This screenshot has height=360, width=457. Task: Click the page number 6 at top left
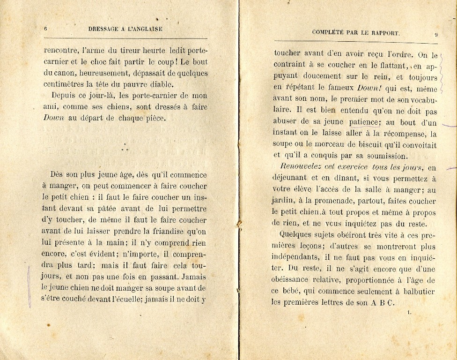[45, 29]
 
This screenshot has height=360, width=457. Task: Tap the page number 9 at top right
[436, 34]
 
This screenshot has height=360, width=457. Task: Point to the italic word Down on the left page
[53, 118]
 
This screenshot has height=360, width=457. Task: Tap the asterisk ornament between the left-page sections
[125, 148]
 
